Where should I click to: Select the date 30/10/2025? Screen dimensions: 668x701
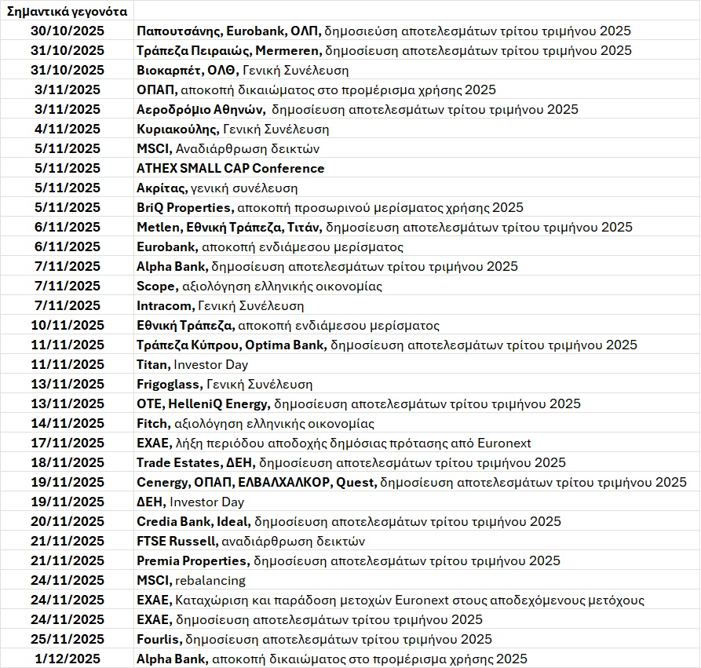pyautogui.click(x=68, y=31)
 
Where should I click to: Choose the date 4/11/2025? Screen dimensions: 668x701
pyautogui.click(x=68, y=130)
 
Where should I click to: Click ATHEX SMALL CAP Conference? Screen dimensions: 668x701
pyautogui.click(x=230, y=169)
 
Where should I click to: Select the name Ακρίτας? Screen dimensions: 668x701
pyautogui.click(x=161, y=188)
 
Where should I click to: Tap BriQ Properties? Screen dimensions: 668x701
pyautogui.click(x=184, y=208)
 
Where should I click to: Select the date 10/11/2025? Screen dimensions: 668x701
pyautogui.click(x=68, y=326)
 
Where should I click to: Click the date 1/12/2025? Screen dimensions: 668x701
pyautogui.click(x=68, y=659)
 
